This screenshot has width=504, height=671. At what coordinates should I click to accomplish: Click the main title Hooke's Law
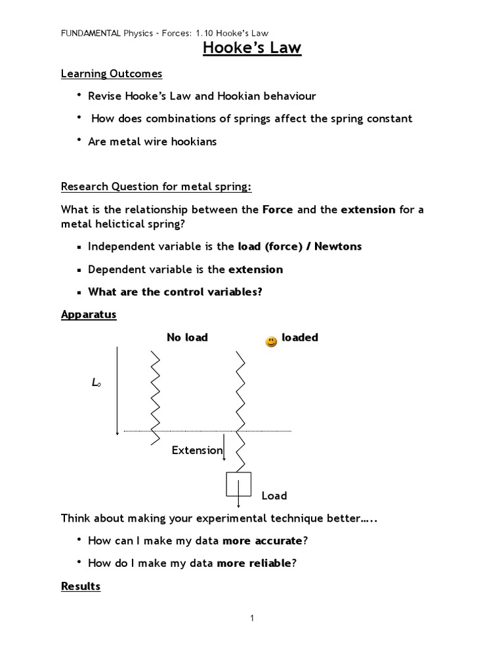pos(252,48)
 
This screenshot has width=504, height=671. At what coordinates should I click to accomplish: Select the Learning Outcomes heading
pos(112,73)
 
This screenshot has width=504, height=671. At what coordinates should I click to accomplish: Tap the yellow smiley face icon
pos(271,341)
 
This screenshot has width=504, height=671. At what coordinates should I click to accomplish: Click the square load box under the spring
pos(238,485)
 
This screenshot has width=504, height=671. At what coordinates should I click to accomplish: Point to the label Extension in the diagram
pos(197,450)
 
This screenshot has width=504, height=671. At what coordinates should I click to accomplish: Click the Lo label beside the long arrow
pos(96,383)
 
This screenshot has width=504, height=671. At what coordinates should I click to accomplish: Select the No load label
pos(187,337)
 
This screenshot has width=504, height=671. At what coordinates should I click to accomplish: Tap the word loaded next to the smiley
pos(300,337)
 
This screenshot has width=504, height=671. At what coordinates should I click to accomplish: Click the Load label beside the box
pos(274,495)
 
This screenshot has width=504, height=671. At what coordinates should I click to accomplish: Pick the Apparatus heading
pos(89,315)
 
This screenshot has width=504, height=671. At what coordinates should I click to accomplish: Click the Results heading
pos(81,586)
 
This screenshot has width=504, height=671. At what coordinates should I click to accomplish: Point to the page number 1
pos(252,618)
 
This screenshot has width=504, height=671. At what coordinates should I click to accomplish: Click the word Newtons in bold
pos(338,246)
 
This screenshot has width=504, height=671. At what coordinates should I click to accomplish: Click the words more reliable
pos(253,563)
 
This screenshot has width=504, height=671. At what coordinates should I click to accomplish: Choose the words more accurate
pos(262,541)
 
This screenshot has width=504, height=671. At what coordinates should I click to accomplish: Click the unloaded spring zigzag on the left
pos(156,396)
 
